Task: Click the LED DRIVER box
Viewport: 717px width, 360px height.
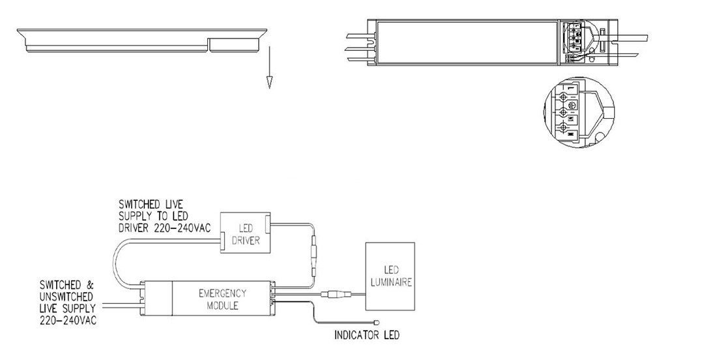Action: pos(246,232)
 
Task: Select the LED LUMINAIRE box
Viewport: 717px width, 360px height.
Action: pos(390,276)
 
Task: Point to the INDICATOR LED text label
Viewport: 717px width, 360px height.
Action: pos(366,337)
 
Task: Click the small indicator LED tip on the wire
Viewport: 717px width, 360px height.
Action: pos(379,321)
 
